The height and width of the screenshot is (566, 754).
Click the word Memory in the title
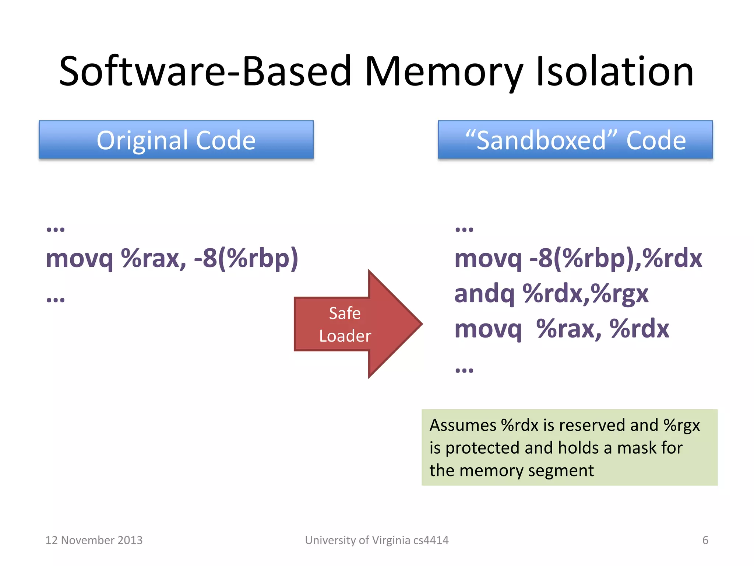tap(444, 72)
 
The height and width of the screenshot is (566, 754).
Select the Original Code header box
tap(176, 140)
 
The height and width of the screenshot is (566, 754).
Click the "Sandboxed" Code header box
tap(575, 140)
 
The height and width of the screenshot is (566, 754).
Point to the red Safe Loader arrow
tap(357, 324)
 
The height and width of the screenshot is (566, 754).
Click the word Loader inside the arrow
tap(345, 336)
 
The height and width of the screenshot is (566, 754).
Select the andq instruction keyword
tap(484, 294)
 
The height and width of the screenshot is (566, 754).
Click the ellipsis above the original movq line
tap(56, 229)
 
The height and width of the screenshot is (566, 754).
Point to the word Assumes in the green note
tap(462, 425)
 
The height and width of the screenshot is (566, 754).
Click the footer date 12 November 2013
tap(94, 540)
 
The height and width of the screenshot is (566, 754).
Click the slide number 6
tap(705, 540)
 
